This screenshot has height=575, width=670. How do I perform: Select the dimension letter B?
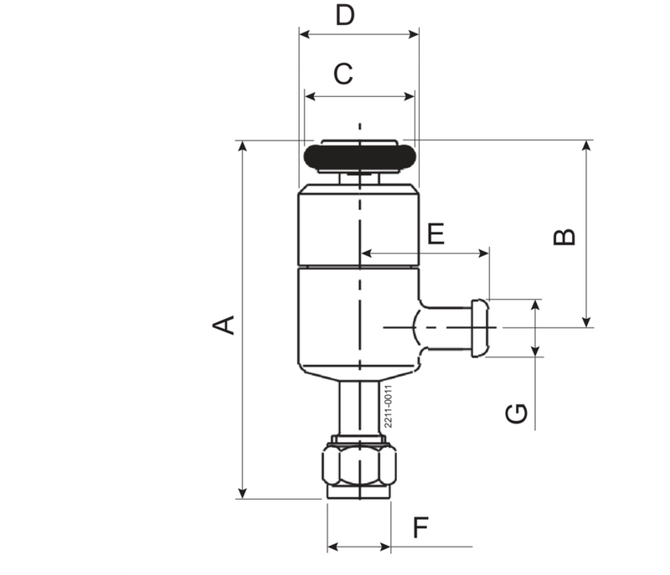[566, 237]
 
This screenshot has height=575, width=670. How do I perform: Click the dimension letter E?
[435, 235]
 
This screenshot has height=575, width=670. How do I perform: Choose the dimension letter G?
[518, 413]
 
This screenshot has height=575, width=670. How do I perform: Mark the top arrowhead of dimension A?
[243, 146]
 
